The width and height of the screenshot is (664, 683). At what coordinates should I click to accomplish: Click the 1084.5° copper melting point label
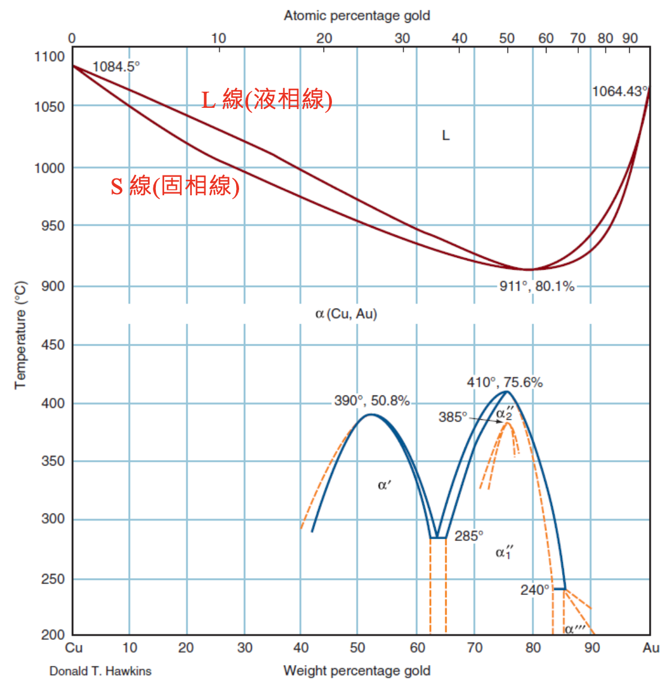pyautogui.click(x=116, y=67)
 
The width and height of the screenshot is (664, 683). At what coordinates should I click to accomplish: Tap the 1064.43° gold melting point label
pyautogui.click(x=620, y=91)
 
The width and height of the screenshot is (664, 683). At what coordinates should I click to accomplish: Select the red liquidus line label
pyautogui.click(x=267, y=99)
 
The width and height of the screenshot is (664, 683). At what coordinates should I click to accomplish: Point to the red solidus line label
pyautogui.click(x=175, y=186)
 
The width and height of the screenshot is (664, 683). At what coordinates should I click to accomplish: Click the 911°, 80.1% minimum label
pyautogui.click(x=536, y=286)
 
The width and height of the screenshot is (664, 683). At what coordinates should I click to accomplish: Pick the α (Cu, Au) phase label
pyautogui.click(x=346, y=314)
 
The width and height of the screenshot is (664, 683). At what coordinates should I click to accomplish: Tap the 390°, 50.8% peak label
pyautogui.click(x=372, y=401)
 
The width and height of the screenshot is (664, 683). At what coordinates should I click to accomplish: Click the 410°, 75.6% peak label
pyautogui.click(x=505, y=382)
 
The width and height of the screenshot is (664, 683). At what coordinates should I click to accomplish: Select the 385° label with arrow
pyautogui.click(x=452, y=417)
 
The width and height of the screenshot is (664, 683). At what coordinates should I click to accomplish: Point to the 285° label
pyautogui.click(x=469, y=536)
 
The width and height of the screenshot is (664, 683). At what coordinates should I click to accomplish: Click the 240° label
pyautogui.click(x=535, y=590)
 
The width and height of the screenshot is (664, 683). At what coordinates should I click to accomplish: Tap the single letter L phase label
pyautogui.click(x=445, y=136)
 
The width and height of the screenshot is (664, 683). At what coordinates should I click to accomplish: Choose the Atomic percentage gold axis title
pyautogui.click(x=357, y=16)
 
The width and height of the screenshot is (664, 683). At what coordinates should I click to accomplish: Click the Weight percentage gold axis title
pyautogui.click(x=357, y=670)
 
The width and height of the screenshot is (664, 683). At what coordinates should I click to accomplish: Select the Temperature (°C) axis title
pyautogui.click(x=20, y=335)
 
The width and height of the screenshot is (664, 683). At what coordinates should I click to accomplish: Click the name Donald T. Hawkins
pyautogui.click(x=100, y=671)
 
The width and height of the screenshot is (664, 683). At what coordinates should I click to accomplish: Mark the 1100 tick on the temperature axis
pyautogui.click(x=50, y=57)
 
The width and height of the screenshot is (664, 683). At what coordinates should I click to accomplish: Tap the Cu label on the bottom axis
pyautogui.click(x=74, y=648)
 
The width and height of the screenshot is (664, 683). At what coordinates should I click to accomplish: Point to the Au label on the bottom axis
pyautogui.click(x=651, y=648)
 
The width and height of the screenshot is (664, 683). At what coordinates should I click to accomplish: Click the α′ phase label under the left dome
pyautogui.click(x=384, y=485)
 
